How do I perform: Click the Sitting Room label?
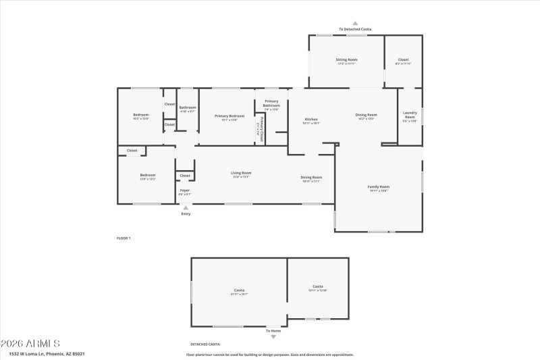pos(346,60)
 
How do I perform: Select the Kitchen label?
pos(310,120)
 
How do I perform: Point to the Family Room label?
pos(378,186)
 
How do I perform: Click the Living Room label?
pos(241,173)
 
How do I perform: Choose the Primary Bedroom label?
pos(225,116)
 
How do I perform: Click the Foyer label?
pos(184,190)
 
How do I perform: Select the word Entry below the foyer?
pos(186,214)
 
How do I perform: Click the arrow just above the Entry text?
pos(186,207)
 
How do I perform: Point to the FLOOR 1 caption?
pos(124,238)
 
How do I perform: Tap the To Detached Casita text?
pos(355,29)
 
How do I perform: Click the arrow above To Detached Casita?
pos(355,23)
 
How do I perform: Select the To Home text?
pos(273,330)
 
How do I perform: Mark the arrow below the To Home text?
pos(273,336)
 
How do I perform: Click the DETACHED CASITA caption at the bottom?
pos(205,344)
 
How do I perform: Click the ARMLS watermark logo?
pos(31,342)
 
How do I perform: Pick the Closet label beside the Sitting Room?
pos(402,60)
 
